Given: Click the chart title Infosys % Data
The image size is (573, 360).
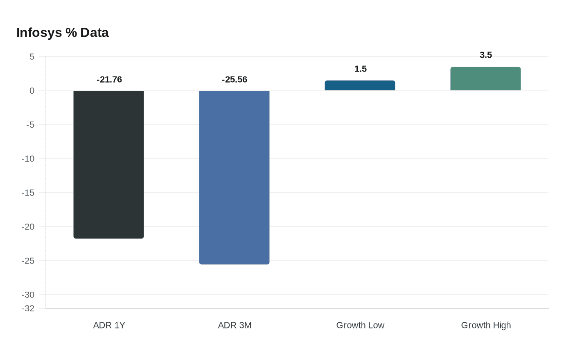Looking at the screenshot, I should (x=63, y=33).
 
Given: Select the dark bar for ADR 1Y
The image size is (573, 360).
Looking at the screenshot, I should (x=108, y=164).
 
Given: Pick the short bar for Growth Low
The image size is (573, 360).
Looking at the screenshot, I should (x=360, y=85).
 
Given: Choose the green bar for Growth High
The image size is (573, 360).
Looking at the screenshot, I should (x=485, y=79).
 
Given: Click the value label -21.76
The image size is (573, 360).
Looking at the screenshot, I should (x=109, y=79).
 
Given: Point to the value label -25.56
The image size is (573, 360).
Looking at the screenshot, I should (x=235, y=79).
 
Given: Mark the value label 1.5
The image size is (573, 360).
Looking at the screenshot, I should (x=361, y=69).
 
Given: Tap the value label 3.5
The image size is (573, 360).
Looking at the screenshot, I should (x=486, y=55).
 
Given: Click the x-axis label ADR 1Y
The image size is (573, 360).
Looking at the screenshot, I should (x=109, y=325).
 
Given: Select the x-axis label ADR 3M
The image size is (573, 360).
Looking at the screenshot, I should (x=235, y=325).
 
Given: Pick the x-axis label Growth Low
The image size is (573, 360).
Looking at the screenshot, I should (x=360, y=325).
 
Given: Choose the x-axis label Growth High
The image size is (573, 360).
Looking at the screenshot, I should (x=486, y=325).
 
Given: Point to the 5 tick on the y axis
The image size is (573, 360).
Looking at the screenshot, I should (x=32, y=57).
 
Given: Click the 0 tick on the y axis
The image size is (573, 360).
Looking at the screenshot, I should (x=32, y=91).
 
